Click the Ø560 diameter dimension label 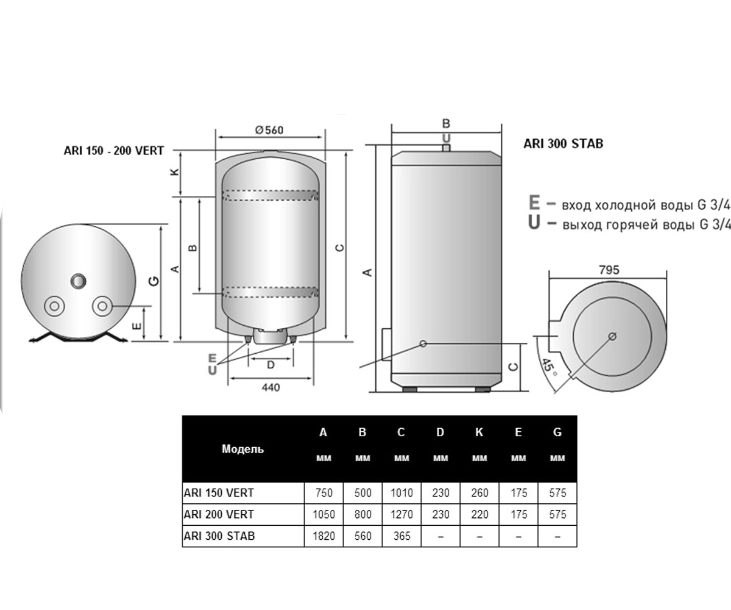click(x=269, y=130)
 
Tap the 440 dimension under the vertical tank click(x=270, y=387)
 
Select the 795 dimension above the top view click(x=609, y=270)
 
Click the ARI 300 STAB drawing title click(x=563, y=144)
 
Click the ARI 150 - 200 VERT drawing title click(x=114, y=151)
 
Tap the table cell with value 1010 click(x=401, y=493)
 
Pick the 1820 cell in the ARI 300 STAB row click(x=323, y=536)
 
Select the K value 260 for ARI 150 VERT click(x=479, y=493)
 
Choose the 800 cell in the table click(x=362, y=514)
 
